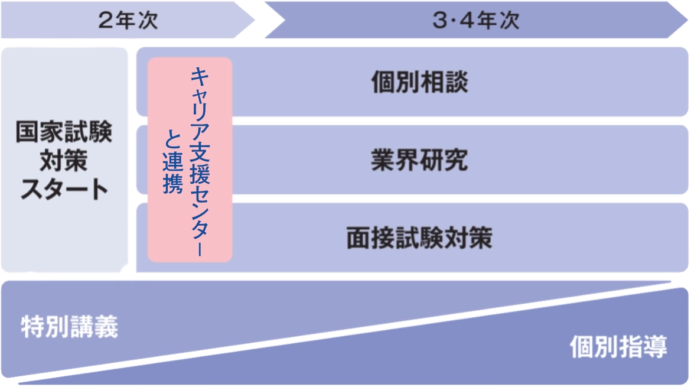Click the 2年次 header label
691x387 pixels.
(128, 21)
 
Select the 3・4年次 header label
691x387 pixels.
(475, 21)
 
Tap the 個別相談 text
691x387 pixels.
(420, 83)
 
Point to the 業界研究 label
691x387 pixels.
(420, 160)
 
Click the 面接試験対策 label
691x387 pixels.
(419, 238)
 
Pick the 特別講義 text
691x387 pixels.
(70, 326)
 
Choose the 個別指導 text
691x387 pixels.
(618, 347)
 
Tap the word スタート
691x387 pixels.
(64, 190)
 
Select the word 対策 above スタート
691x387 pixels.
(64, 161)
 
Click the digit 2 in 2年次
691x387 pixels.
(105, 21)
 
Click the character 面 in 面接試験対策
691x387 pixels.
(358, 238)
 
